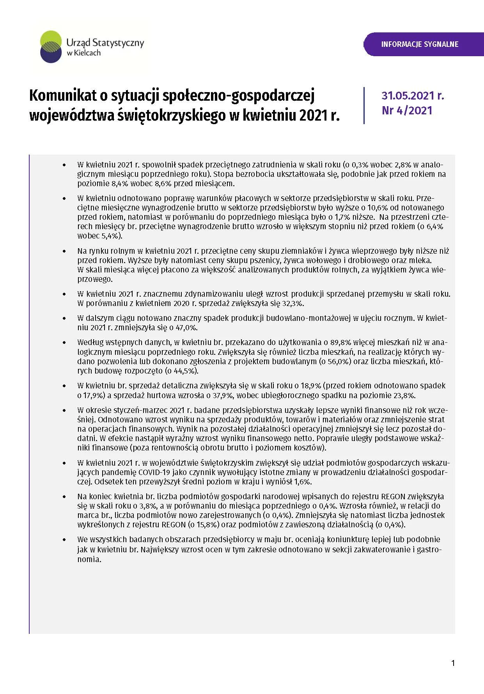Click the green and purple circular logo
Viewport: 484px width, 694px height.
[x=51, y=47]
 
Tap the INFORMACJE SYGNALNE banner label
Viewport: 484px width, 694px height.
[x=420, y=44]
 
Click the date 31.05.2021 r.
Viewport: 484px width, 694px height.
[x=413, y=96]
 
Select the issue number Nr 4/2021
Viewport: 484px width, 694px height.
[x=407, y=110]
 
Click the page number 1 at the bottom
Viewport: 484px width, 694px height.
[x=453, y=663]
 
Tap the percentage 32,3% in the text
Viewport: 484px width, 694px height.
[x=292, y=303]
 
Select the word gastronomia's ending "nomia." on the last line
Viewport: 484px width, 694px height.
[x=89, y=559]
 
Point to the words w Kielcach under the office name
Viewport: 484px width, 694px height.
[x=83, y=53]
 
